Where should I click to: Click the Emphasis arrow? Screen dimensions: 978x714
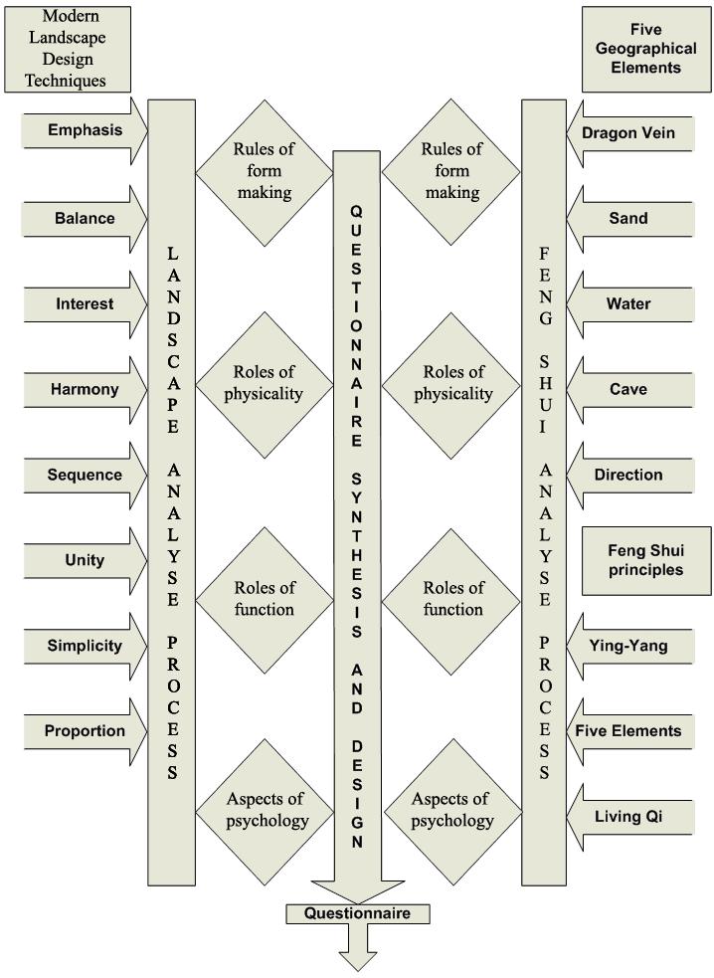click(x=85, y=130)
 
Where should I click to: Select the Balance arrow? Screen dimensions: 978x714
click(x=85, y=218)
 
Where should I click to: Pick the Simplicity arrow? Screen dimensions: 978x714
click(x=85, y=646)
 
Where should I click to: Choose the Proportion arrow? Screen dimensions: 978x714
click(x=85, y=731)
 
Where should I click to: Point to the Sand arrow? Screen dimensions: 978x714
click(x=629, y=218)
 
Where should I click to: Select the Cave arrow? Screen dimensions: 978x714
click(x=629, y=389)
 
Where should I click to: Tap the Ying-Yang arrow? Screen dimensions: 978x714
click(x=629, y=646)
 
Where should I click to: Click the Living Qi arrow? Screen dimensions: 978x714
click(x=629, y=817)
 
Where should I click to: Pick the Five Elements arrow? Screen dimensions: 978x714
click(x=629, y=731)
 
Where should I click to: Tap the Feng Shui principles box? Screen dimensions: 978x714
click(x=646, y=560)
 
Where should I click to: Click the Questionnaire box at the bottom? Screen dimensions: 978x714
click(x=356, y=912)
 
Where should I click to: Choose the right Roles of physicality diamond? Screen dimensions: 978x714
click(x=451, y=382)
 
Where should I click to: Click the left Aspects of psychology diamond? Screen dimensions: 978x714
click(x=264, y=810)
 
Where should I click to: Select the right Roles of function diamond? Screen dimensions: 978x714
click(x=451, y=598)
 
